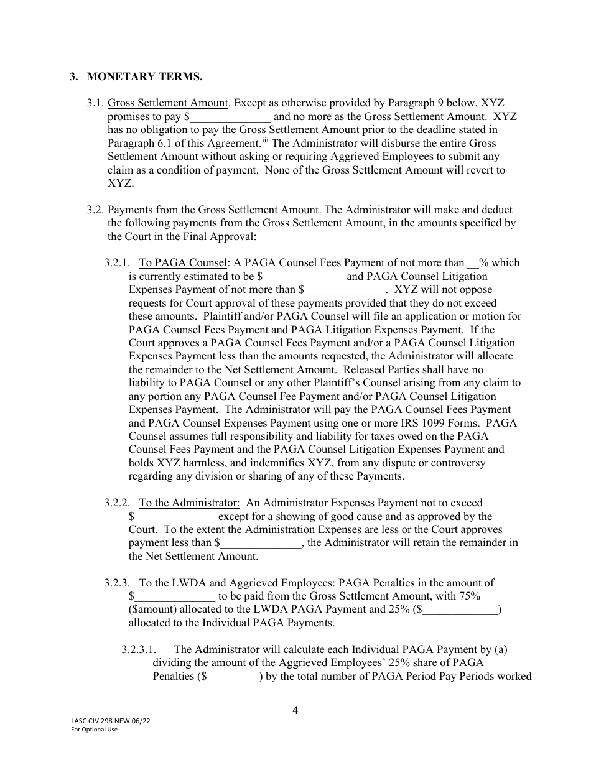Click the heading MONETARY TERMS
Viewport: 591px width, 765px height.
144,77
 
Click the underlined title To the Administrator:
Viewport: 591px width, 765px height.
189,503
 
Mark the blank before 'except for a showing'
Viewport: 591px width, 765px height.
175,517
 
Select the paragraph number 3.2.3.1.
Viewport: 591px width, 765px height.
143,650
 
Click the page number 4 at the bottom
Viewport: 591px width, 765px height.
295,710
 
